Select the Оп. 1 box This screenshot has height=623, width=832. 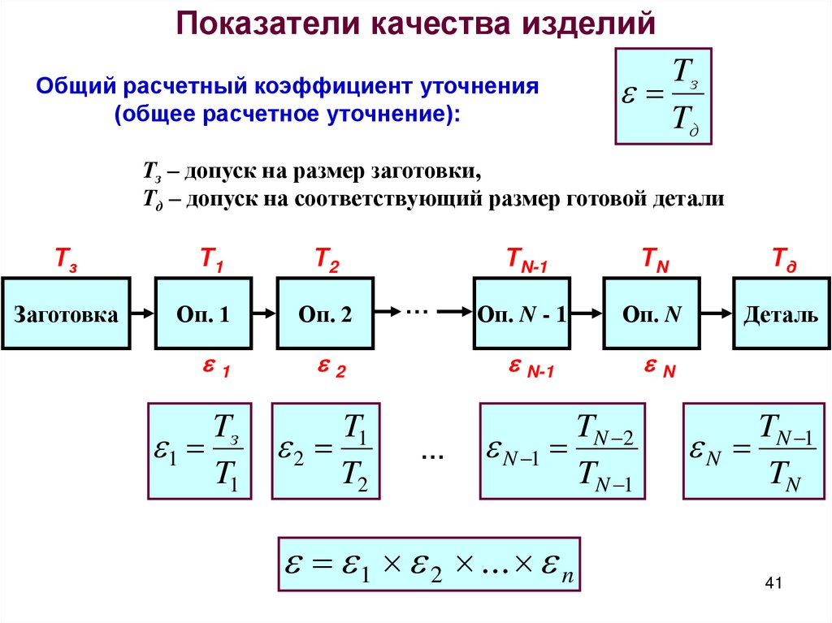203,314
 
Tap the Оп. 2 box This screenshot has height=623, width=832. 325,314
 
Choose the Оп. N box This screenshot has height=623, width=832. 652,314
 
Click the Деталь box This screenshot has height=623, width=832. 781,314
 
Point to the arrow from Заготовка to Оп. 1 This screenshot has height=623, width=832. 142,313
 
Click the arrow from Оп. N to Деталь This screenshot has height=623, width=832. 717,313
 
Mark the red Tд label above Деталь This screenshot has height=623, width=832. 784,261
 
